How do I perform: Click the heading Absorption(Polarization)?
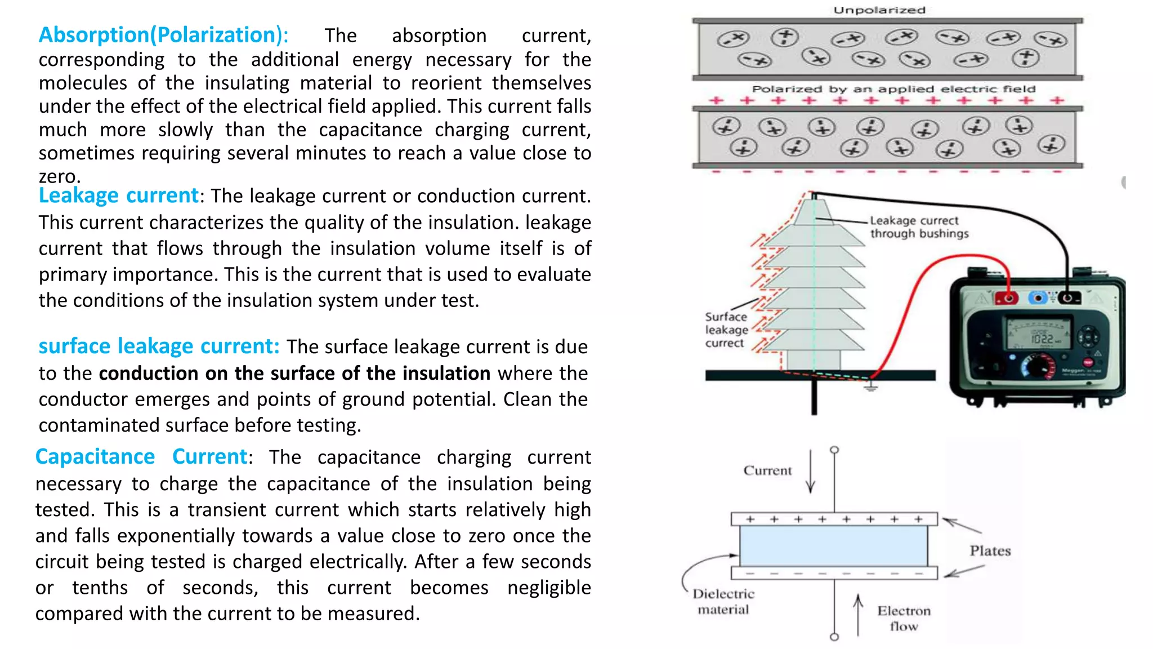pyautogui.click(x=163, y=35)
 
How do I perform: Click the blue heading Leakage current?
pyautogui.click(x=118, y=195)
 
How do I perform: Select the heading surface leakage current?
pyautogui.click(x=159, y=346)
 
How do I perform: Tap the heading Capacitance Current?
pyautogui.click(x=141, y=456)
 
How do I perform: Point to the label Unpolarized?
pyautogui.click(x=879, y=10)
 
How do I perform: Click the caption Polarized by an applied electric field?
pyautogui.click(x=893, y=89)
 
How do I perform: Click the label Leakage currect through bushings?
pyautogui.click(x=919, y=227)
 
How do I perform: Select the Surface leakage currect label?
pyautogui.click(x=726, y=330)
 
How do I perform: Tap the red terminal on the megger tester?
pyautogui.click(x=1007, y=297)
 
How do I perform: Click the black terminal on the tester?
pyautogui.click(x=1067, y=297)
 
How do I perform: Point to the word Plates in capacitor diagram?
pyautogui.click(x=990, y=551)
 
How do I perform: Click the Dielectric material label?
pyautogui.click(x=723, y=602)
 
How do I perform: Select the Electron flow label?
pyautogui.click(x=904, y=619)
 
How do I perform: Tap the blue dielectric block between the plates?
pyautogui.click(x=834, y=546)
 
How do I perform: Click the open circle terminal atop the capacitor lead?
pyautogui.click(x=834, y=450)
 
